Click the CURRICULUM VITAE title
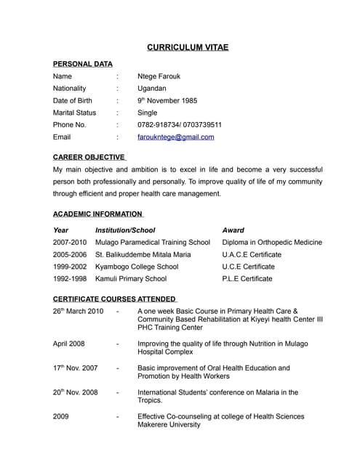188,47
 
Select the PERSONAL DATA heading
82,64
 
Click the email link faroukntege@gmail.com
175,137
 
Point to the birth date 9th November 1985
167,100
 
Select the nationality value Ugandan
152,88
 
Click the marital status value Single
147,113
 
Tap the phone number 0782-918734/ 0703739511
180,124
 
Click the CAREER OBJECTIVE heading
89,156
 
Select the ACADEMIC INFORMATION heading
97,214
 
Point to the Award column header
233,230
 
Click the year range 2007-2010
69,242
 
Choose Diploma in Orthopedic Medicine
271,242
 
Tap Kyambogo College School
137,267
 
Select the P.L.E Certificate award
247,278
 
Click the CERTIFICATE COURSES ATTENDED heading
114,299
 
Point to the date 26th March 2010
78,311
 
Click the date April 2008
69,344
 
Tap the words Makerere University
169,425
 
